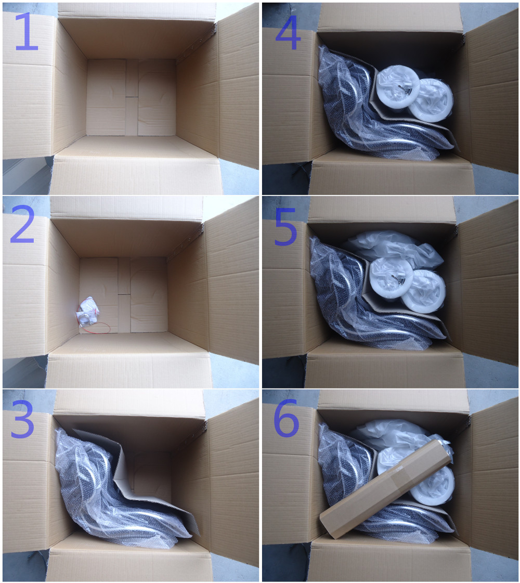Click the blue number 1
(26, 31)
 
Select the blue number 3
(22, 419)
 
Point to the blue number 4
(288, 33)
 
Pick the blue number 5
(285, 227)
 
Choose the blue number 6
(286, 418)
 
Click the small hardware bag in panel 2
(88, 312)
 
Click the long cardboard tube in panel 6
(386, 488)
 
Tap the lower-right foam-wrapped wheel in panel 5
(424, 290)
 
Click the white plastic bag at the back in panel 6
(394, 435)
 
